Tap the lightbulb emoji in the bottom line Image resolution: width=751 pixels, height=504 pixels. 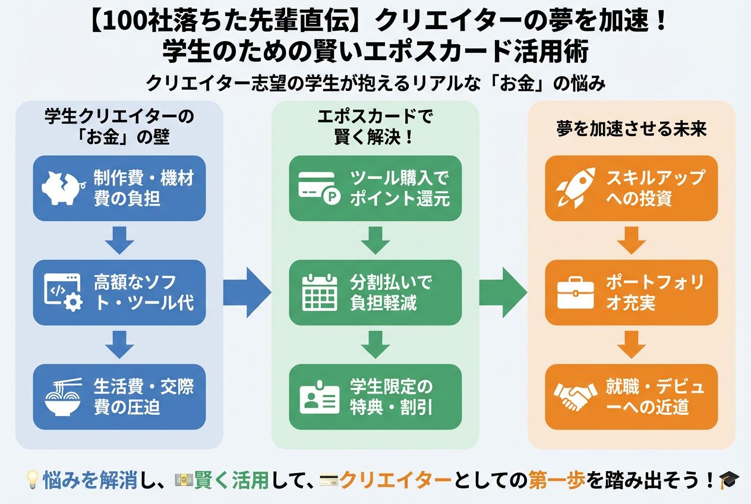pos(33,479)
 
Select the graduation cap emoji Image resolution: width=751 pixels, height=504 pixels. pos(727,479)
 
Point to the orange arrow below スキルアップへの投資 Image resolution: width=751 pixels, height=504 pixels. pos(631,240)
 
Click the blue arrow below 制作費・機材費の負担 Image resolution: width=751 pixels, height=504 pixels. pos(119,240)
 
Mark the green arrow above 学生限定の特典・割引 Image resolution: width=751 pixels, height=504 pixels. pos(375,345)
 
